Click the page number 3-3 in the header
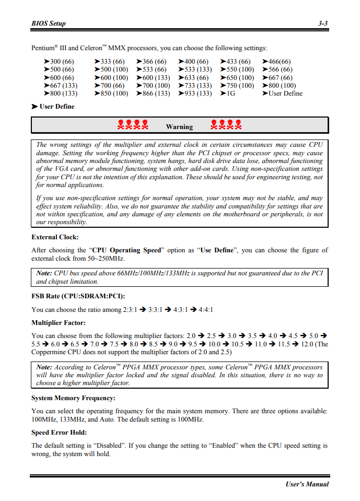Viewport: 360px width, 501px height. click(x=323, y=24)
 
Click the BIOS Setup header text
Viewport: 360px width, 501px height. click(x=49, y=24)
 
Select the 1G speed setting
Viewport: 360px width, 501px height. click(x=230, y=94)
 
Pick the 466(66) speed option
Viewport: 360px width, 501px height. click(x=280, y=62)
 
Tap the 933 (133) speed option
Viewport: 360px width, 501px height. click(x=198, y=94)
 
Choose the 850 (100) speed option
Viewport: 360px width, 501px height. click(x=114, y=94)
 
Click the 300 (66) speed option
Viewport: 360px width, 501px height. click(x=62, y=62)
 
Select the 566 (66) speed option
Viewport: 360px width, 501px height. click(x=280, y=69)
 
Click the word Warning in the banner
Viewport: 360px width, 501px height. click(x=179, y=126)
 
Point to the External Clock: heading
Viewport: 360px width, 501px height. click(x=55, y=237)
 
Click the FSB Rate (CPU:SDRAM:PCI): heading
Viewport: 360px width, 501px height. click(x=78, y=296)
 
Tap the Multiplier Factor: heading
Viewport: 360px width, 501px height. click(x=59, y=323)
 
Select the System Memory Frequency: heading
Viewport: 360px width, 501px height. click(x=73, y=398)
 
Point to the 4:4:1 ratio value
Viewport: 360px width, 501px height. click(x=206, y=310)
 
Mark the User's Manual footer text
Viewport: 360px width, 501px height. click(x=307, y=484)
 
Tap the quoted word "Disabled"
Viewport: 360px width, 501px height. click(x=109, y=446)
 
